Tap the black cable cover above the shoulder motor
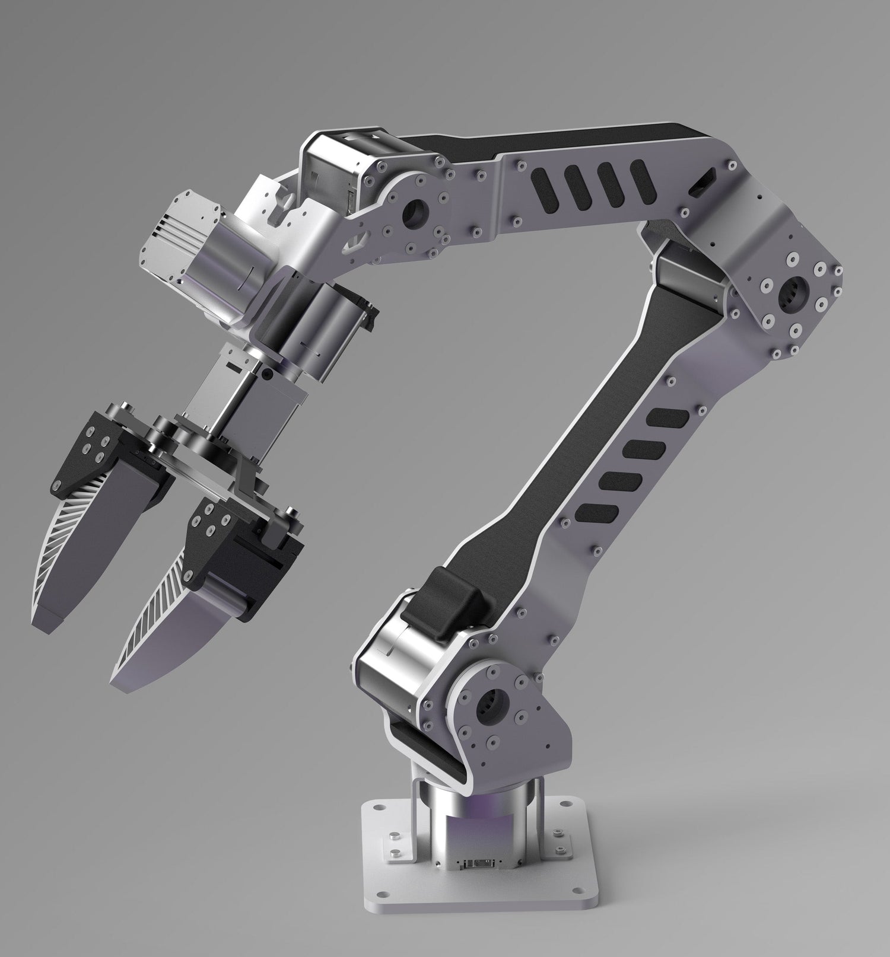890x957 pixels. [x=456, y=602]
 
